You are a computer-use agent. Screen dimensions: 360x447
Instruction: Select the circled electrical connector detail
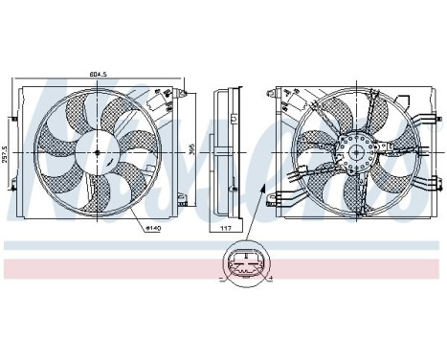pyautogui.click(x=247, y=268)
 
